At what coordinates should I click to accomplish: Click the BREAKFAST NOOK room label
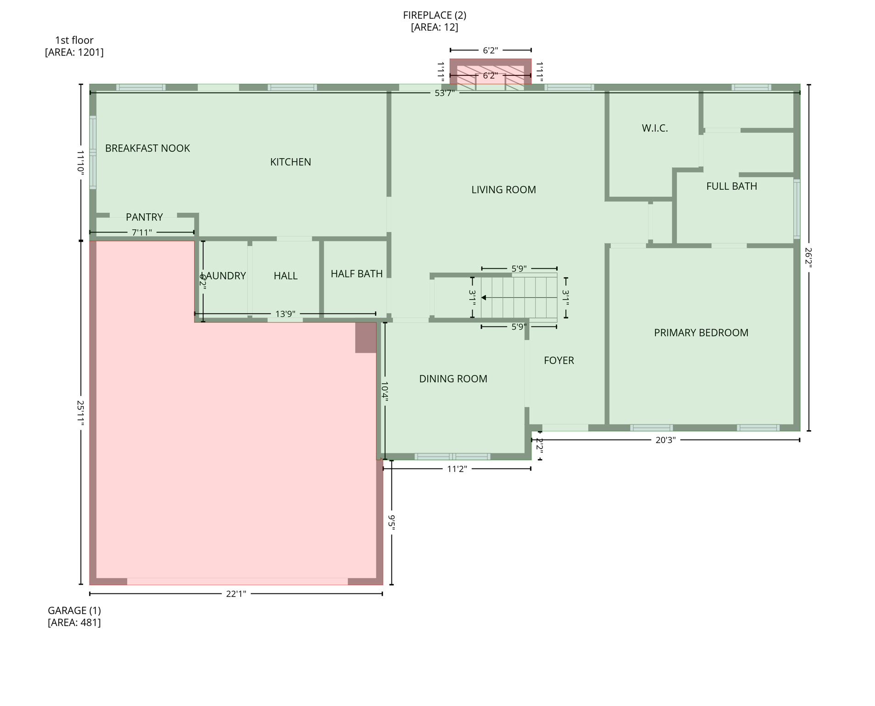tap(147, 148)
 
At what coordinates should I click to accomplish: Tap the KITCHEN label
tap(290, 162)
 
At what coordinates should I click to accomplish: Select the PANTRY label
tap(144, 217)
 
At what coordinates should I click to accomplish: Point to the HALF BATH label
tap(356, 274)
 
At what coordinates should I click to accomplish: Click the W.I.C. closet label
tap(655, 128)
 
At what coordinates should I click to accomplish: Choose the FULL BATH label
tap(731, 186)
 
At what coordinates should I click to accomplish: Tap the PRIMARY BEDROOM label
tap(701, 333)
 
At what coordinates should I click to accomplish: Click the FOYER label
tap(559, 360)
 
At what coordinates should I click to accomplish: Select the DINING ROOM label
tap(453, 379)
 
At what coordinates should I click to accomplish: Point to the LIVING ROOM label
tap(503, 190)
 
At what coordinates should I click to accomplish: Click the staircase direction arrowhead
tap(484, 298)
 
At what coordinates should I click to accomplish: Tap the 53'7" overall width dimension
tap(444, 93)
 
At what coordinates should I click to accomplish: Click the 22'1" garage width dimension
tap(236, 594)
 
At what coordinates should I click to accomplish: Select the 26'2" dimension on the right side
tap(808, 257)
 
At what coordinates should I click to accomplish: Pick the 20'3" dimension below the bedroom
tap(665, 440)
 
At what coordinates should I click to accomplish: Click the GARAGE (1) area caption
tap(74, 616)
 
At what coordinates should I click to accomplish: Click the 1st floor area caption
tap(74, 46)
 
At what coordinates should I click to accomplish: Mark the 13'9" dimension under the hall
tap(285, 314)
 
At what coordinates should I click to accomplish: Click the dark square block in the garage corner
tap(366, 337)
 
